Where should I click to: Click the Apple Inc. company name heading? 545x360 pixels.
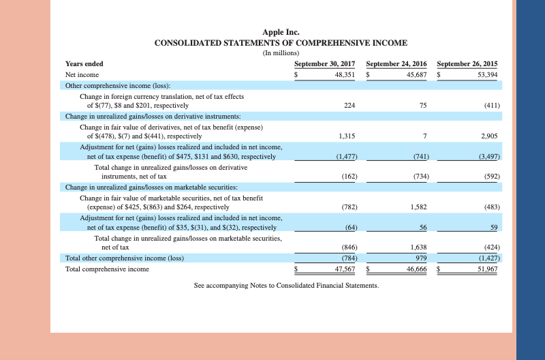point(281,32)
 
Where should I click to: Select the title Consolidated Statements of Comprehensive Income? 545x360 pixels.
point(281,43)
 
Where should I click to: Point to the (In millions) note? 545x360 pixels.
point(281,53)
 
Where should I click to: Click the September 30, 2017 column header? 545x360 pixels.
point(324,63)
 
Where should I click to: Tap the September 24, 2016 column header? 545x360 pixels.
point(396,63)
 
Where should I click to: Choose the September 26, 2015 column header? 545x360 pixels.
point(467,63)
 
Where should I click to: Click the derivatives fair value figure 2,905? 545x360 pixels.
point(488,136)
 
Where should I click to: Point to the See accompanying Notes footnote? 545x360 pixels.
point(286,285)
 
